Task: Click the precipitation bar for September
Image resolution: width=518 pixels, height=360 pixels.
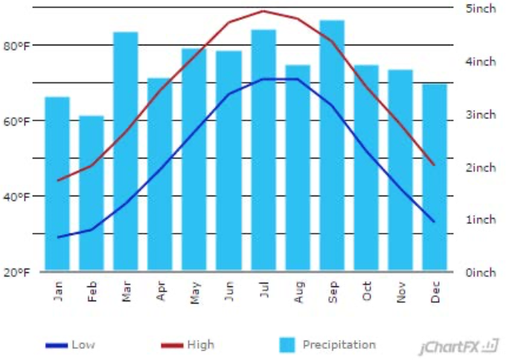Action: (x=331, y=145)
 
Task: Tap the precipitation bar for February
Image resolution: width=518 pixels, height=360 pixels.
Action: (x=92, y=193)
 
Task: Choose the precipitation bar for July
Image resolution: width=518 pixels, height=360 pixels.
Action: (x=263, y=150)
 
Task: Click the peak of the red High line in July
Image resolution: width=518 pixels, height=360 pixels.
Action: (x=263, y=11)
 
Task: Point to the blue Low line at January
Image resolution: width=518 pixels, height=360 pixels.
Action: (x=57, y=237)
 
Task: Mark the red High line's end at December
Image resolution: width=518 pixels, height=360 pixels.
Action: (x=434, y=165)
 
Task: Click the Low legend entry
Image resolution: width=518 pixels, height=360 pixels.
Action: (x=71, y=345)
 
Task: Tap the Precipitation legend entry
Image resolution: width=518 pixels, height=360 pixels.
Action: (x=327, y=345)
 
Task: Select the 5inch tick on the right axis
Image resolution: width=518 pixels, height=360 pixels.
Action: (x=480, y=9)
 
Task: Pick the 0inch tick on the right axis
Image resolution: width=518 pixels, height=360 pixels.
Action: (x=480, y=272)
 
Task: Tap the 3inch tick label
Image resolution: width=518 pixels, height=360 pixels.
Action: (x=480, y=115)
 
